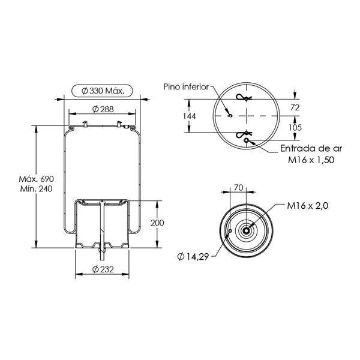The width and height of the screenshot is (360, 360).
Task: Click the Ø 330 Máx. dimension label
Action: pyautogui.click(x=103, y=91)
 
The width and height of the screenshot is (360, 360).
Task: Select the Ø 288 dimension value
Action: pyautogui.click(x=103, y=109)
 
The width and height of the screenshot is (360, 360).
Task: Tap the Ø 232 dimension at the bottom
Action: pyautogui.click(x=103, y=269)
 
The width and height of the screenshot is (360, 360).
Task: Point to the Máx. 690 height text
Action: pyautogui.click(x=36, y=179)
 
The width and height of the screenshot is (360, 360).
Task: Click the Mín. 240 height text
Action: pyautogui.click(x=36, y=189)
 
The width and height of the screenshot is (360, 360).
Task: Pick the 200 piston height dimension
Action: pyautogui.click(x=157, y=223)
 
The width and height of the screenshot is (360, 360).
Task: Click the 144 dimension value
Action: pyautogui.click(x=189, y=116)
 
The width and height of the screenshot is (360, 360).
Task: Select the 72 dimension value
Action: pyautogui.click(x=295, y=107)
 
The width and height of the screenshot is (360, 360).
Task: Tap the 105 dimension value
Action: pyautogui.click(x=295, y=127)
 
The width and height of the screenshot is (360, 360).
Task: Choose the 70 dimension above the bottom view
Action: pyautogui.click(x=239, y=188)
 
